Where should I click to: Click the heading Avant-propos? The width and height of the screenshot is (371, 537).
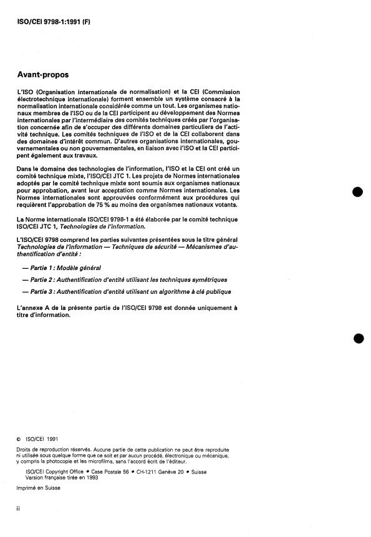tap(44, 74)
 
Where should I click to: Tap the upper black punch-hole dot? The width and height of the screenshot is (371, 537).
tap(358, 192)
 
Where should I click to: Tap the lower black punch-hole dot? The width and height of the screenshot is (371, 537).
tap(358, 337)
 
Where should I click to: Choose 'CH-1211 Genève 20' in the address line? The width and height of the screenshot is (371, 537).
tap(152, 472)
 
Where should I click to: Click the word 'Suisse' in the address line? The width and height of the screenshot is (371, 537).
tap(199, 472)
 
